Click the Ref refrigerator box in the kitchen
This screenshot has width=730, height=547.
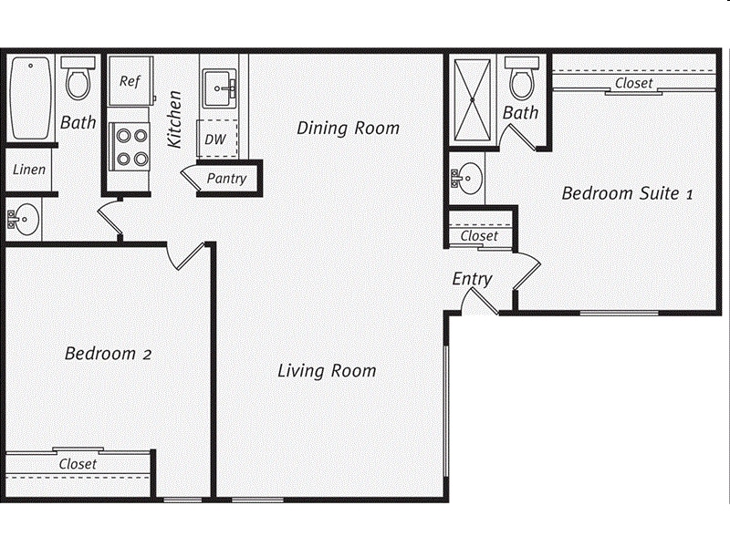coord(130,80)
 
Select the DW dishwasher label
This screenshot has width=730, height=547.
coord(215,139)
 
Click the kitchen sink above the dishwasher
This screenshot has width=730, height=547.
coord(219,88)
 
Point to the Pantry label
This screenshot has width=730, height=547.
coord(225,178)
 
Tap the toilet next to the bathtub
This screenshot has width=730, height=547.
coord(78,79)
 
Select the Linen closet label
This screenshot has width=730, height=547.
coord(28,170)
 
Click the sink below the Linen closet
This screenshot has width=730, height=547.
coord(25,219)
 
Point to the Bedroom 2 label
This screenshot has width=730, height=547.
coord(107,354)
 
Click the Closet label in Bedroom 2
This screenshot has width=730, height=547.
coord(78,464)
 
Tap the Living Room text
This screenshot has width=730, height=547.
coord(327,371)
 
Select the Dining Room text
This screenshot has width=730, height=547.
coord(348,128)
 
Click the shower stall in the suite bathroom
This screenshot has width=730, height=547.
coord(473,98)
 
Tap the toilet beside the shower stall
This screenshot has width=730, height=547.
coord(521,80)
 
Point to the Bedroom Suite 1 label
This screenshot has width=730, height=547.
coord(628,193)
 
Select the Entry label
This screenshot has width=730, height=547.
coord(472,279)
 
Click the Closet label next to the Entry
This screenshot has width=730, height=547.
coord(479,235)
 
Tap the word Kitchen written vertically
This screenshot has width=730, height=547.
coord(174,119)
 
